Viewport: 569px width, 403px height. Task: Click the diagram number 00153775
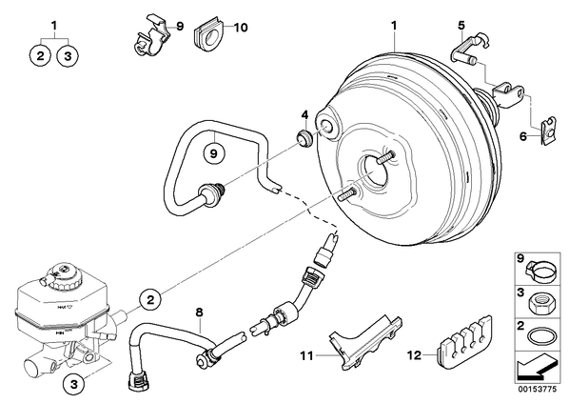click(537, 390)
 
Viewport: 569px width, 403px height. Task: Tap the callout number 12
click(414, 354)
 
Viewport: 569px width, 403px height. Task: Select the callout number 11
click(306, 355)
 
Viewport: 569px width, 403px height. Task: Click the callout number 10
click(240, 28)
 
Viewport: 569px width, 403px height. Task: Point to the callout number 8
click(199, 312)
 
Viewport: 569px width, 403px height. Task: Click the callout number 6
click(523, 136)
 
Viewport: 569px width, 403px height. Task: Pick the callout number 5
click(461, 26)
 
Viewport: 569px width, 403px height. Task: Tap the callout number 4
click(304, 115)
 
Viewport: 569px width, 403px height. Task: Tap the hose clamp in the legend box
click(540, 271)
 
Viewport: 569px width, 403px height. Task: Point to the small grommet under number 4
click(304, 138)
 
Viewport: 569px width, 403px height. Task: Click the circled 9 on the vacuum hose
click(214, 153)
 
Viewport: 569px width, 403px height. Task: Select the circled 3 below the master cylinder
click(74, 384)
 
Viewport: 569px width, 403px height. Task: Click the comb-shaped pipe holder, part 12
click(464, 341)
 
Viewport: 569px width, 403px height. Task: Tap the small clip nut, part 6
click(547, 130)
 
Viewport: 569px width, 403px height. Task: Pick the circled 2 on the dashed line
click(150, 300)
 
